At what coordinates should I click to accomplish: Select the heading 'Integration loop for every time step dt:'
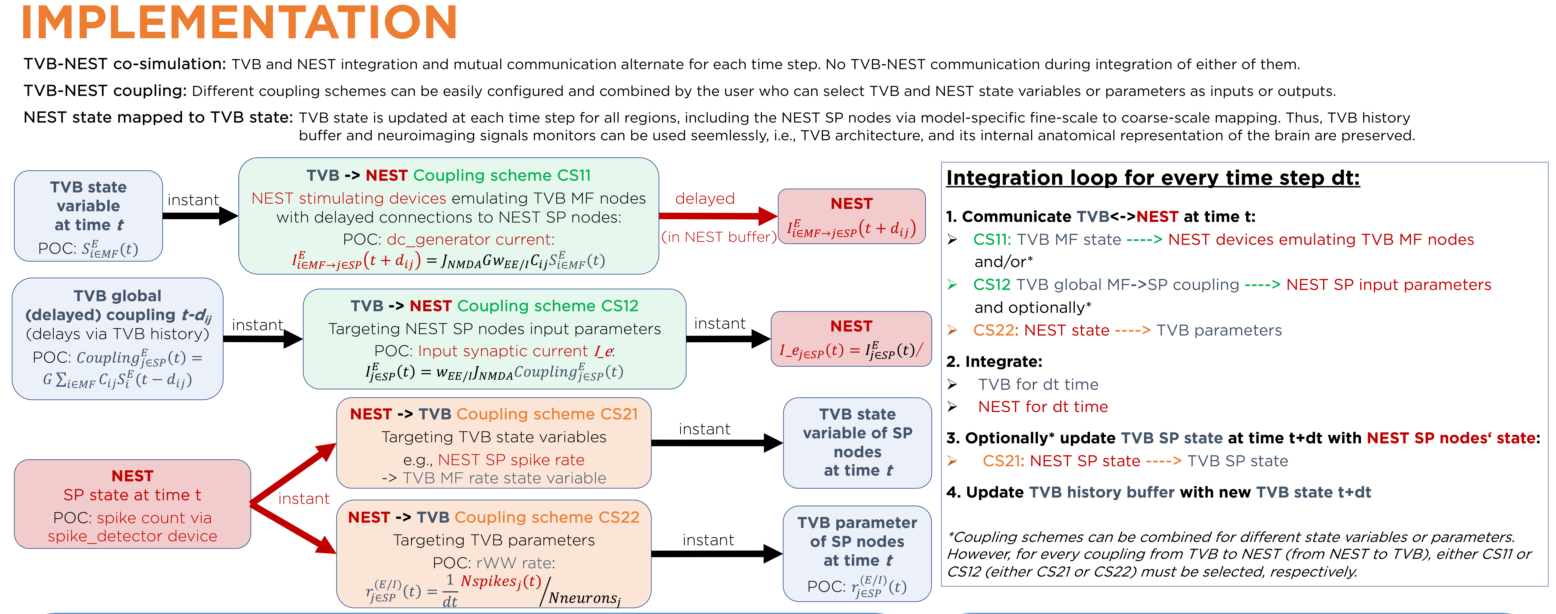[1152, 178]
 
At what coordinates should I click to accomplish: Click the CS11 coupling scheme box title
[448, 175]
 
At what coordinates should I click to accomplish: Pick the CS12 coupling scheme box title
[494, 306]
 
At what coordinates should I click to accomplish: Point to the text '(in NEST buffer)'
[718, 237]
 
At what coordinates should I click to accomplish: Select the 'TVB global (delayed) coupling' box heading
[118, 305]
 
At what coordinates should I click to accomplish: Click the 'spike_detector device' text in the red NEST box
[132, 536]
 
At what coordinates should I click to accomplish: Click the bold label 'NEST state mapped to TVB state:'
[158, 117]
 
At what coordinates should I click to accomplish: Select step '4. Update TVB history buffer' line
[1158, 493]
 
